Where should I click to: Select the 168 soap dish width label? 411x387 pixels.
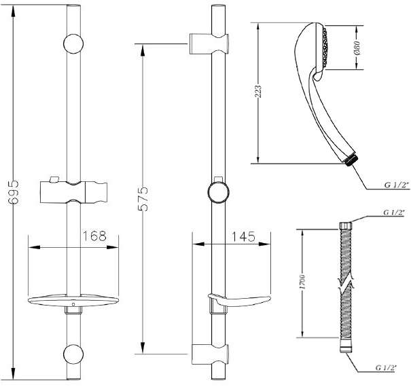pos(94,236)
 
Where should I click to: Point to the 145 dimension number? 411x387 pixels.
pos(243,236)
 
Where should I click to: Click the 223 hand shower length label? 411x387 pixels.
pos(258,92)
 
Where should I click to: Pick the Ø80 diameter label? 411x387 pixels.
pos(357,48)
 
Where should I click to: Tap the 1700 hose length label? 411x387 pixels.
pos(302,282)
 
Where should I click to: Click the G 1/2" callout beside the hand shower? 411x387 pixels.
pos(397,185)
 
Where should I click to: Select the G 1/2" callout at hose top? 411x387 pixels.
pos(394,213)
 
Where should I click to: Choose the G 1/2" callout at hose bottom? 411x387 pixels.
pos(386,368)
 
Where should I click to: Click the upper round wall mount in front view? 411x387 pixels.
pos(73,43)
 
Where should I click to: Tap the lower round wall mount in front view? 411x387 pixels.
pos(73,354)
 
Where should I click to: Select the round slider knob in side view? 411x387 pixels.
pos(218,192)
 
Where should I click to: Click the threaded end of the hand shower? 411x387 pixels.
pos(353,160)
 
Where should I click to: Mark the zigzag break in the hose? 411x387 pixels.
pos(346,284)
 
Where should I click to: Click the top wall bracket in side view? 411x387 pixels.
pos(209,43)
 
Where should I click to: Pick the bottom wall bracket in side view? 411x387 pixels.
pos(210,354)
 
